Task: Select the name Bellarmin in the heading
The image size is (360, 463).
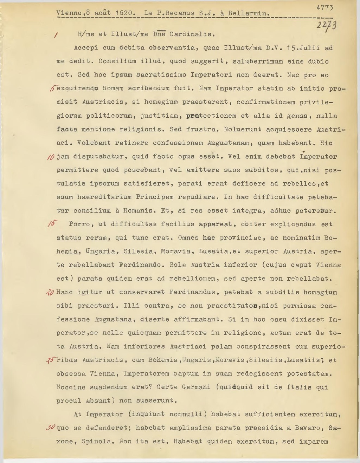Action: point(249,14)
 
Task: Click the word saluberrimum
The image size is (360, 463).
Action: point(258,61)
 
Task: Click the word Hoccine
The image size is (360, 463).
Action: point(71,387)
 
